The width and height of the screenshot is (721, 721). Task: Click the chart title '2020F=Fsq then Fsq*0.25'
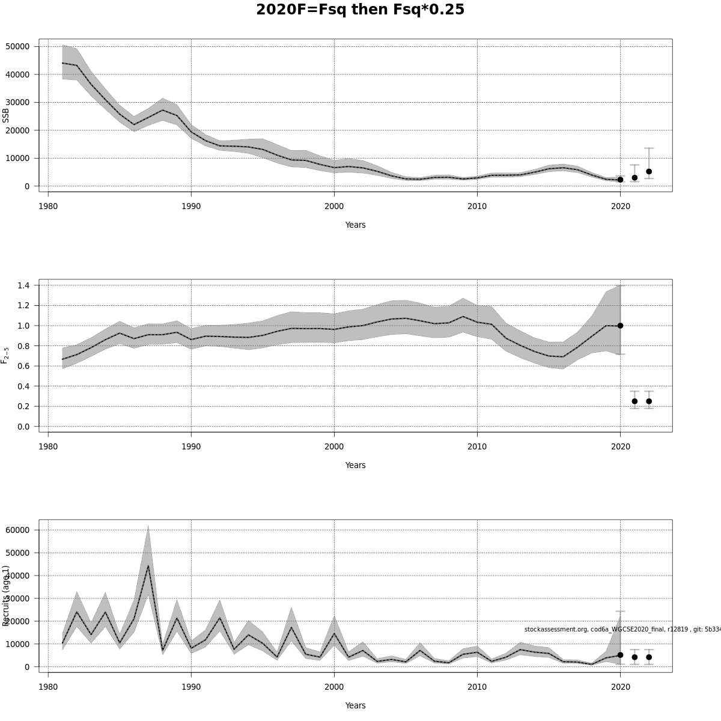360,10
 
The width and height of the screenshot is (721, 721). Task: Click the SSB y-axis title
6,115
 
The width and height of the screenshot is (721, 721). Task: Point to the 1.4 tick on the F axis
23,285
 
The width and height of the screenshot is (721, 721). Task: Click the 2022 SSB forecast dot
649,171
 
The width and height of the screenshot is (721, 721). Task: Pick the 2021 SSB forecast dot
634,177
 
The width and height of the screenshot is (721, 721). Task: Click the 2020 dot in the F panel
620,326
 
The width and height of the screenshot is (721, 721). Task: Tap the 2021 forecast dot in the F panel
634,401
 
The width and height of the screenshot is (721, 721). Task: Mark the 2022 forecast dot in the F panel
649,401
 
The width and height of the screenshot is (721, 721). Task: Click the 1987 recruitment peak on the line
148,565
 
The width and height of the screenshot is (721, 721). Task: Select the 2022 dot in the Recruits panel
649,657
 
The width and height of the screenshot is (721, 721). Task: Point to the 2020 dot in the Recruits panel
620,655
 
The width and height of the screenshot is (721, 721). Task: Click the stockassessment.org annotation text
622,629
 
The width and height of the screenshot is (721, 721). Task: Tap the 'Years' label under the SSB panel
355,225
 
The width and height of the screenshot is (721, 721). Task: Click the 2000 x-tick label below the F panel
334,446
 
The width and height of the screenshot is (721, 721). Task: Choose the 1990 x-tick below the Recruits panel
191,687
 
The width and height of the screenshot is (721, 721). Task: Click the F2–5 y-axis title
6,355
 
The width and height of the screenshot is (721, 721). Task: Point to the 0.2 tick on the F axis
23,406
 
